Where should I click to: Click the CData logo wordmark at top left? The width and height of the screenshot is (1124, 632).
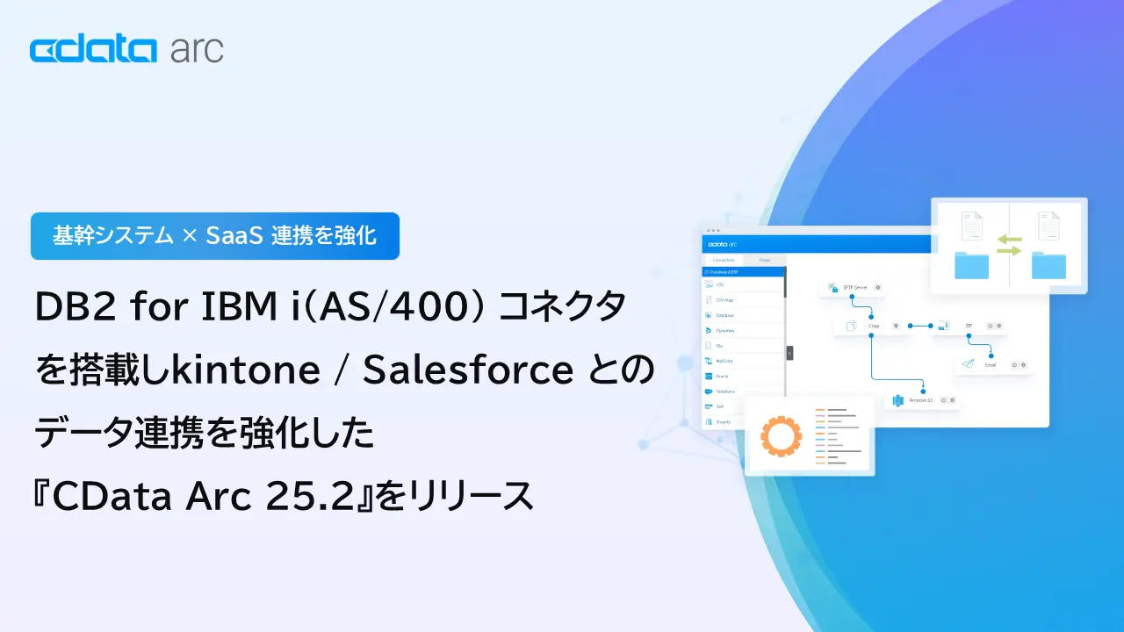coord(92,50)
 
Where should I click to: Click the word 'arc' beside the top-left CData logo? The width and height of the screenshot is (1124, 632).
coord(196,50)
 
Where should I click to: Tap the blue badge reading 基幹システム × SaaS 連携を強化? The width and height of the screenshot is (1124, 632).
coord(215,236)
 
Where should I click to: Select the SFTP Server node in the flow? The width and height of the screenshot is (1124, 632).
coord(849,287)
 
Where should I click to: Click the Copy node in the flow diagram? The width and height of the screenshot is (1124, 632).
coord(870,326)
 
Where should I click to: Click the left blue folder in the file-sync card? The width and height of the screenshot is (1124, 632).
coord(971,264)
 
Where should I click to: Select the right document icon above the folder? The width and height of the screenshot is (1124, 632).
coord(1048,226)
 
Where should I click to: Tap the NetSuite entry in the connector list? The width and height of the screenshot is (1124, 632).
coord(725,360)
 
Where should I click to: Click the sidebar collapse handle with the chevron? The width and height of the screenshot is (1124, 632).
coord(789,353)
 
